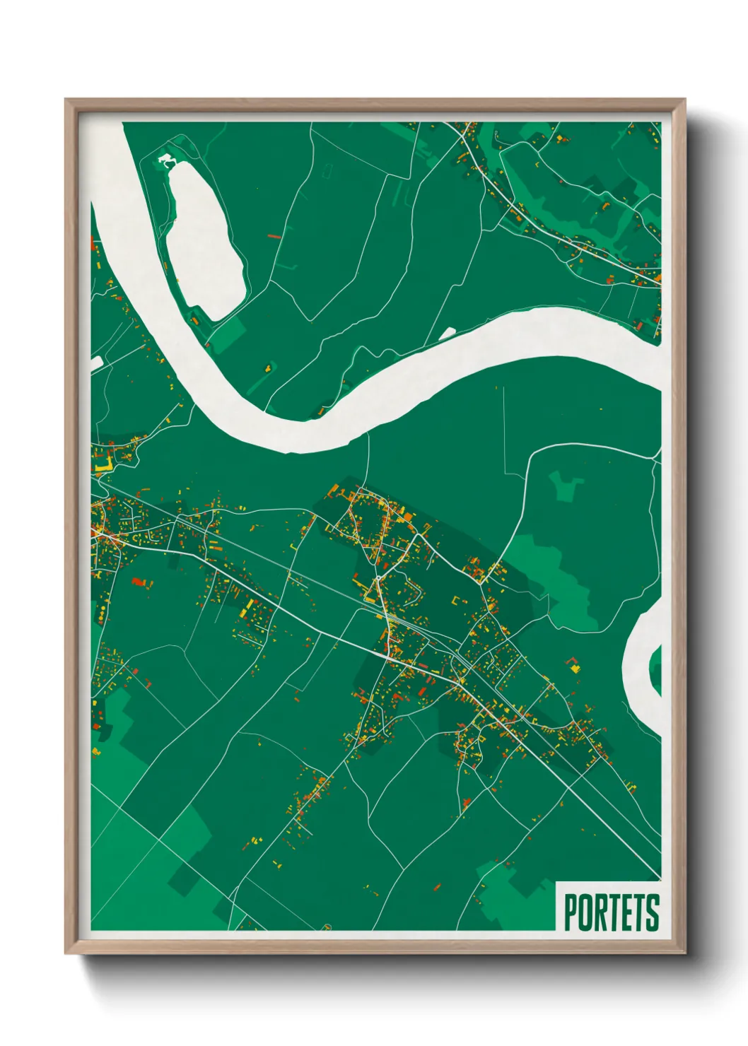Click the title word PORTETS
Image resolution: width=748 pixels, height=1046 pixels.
click(611, 912)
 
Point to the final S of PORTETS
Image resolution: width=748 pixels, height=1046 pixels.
click(653, 912)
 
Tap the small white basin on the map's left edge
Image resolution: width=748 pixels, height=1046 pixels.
click(96, 363)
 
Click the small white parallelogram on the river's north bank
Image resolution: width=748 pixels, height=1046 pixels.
click(447, 333)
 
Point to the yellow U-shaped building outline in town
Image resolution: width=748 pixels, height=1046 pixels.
click(460, 601)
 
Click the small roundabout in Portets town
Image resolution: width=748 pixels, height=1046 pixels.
click(379, 577)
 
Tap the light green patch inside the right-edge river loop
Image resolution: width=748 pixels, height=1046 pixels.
click(655, 668)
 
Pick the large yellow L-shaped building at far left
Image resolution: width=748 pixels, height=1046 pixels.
click(103, 467)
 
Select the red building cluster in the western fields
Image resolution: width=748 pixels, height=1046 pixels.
click(140, 582)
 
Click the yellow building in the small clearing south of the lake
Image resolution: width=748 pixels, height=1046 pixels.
click(269, 367)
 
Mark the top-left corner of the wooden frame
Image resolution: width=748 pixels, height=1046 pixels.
click(66, 100)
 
